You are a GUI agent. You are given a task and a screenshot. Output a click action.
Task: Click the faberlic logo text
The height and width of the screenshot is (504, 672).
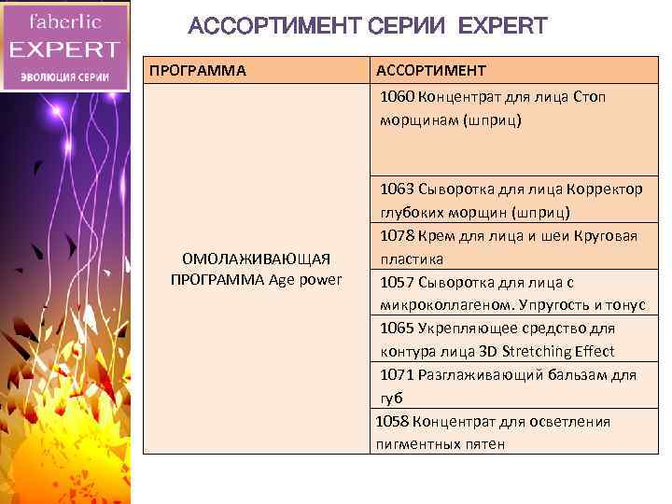[x=64, y=21]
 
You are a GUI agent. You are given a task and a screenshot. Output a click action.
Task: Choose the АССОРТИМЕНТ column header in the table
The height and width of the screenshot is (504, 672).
[x=430, y=71]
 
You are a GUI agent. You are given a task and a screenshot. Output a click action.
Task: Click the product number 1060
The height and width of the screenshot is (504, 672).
[x=398, y=97]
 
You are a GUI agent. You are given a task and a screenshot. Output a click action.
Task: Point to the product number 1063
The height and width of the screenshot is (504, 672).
[x=398, y=189]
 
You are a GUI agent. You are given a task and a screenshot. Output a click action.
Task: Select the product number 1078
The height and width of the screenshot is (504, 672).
[x=398, y=235]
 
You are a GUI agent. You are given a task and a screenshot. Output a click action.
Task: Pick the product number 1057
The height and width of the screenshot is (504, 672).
[x=398, y=282]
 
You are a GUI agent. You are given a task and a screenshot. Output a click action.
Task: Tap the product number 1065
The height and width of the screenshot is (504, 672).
[x=398, y=329]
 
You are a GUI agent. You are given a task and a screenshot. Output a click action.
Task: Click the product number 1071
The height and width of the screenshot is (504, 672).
[x=398, y=375]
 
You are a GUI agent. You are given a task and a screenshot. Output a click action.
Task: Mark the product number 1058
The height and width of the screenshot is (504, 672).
[x=393, y=422]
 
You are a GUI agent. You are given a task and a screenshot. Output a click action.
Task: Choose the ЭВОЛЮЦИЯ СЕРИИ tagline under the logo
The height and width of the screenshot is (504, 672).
[x=64, y=77]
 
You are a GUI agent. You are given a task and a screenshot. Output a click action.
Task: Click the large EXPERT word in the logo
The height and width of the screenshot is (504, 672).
[x=64, y=50]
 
